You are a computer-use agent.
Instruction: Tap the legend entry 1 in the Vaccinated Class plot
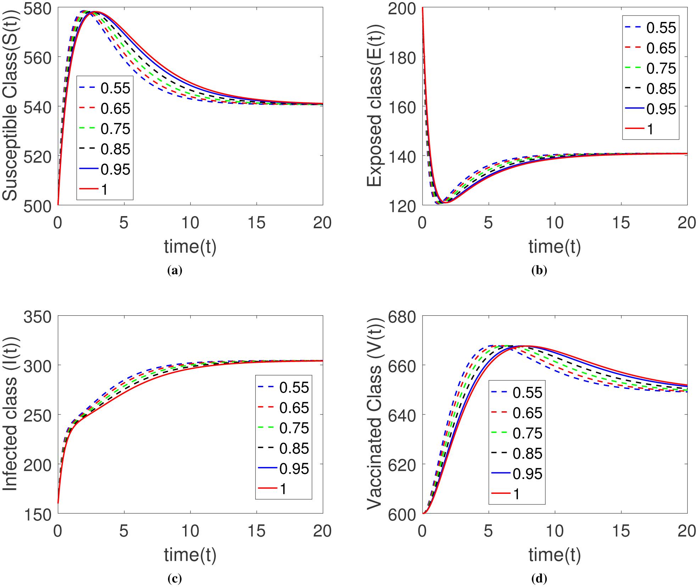point(516,494)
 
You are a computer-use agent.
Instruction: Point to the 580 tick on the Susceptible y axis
point(37,9)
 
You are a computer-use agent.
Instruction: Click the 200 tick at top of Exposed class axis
point(402,9)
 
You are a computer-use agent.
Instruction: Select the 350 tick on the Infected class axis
point(37,317)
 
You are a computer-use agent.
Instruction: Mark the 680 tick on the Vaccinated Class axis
point(402,317)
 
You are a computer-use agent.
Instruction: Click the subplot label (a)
point(174,271)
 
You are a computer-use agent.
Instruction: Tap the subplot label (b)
point(539,271)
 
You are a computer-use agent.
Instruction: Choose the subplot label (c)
point(174,579)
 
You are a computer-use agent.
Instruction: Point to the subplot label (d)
point(539,579)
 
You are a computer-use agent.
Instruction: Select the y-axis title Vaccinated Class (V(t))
point(374,414)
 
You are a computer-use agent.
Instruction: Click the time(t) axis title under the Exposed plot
point(554,247)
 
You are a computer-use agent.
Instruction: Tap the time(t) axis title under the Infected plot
point(190,555)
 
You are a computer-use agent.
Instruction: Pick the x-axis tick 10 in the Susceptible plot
point(190,223)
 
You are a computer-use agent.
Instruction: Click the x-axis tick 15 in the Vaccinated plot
point(621,531)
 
